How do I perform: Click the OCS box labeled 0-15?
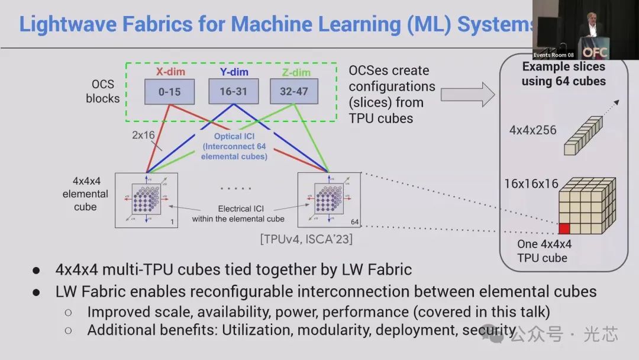pos(169,92)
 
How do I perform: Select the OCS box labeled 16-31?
pos(233,92)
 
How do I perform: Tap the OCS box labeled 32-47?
pos(293,92)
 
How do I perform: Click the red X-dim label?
pos(170,72)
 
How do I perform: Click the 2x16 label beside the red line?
pos(143,135)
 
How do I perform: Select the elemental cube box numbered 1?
pos(146,200)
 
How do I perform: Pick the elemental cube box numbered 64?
pos(329,200)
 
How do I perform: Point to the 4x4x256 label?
pos(533,130)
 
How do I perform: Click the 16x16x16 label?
pos(531,184)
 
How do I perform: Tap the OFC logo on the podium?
pos(595,52)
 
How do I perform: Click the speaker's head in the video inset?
pos(592,18)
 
